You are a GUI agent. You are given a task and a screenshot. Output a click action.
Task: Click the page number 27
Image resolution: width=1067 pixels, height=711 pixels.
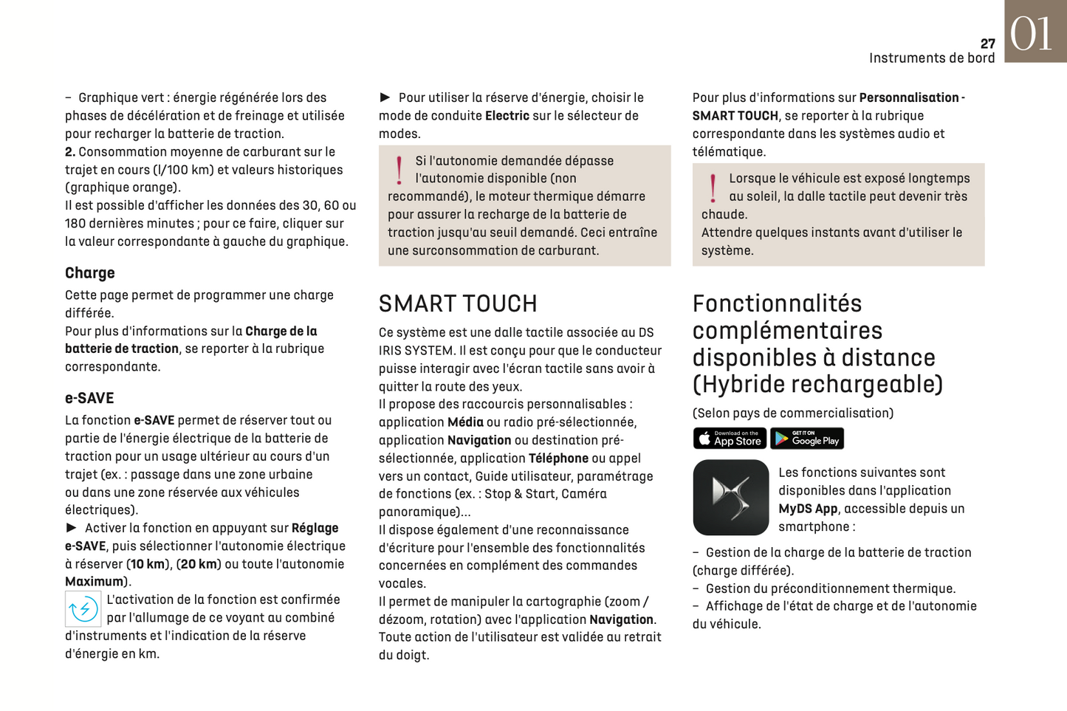pos(987,44)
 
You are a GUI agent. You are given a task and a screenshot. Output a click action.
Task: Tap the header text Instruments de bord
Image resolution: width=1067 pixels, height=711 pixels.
pos(931,58)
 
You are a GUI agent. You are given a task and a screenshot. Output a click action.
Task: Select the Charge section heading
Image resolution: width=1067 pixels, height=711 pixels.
pos(90,273)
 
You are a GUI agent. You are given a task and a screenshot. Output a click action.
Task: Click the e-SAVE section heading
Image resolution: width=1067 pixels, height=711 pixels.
pos(89,399)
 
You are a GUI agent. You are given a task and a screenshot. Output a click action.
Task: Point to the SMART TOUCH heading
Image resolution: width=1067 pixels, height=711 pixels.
pos(458,304)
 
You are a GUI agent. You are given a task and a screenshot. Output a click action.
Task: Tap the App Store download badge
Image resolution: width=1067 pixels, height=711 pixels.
pos(730,439)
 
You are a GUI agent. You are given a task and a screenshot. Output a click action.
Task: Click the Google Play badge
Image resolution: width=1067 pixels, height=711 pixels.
pos(807,439)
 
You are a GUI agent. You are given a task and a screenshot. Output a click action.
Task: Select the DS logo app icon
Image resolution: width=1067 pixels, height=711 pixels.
pos(731,498)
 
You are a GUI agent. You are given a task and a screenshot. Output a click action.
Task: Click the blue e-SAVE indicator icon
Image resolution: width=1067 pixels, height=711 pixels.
pos(83,609)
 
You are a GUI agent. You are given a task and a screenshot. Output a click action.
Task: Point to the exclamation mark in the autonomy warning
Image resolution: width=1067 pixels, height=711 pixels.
pos(399,170)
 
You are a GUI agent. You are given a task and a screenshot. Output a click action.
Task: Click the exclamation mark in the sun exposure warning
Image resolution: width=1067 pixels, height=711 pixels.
pos(713,188)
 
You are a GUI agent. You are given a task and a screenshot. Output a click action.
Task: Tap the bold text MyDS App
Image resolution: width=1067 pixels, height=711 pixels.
pos(808,509)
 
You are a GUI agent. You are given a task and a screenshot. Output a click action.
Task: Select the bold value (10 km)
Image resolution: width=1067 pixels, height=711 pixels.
pos(147,564)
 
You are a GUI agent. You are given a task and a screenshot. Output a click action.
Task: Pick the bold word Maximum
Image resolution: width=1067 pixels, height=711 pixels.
pos(94,582)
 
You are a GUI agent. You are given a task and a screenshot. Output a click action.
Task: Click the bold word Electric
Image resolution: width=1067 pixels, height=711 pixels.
pos(507,116)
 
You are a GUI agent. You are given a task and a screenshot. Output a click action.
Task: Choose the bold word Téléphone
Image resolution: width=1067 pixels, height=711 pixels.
pos(558,458)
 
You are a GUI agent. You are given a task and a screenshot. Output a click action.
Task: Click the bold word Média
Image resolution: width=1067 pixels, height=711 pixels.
pos(465,422)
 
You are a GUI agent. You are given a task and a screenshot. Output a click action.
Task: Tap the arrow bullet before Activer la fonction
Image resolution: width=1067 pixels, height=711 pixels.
pos(72,528)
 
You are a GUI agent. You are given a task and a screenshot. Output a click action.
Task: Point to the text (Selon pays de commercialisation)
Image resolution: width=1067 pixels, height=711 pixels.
pos(793,413)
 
